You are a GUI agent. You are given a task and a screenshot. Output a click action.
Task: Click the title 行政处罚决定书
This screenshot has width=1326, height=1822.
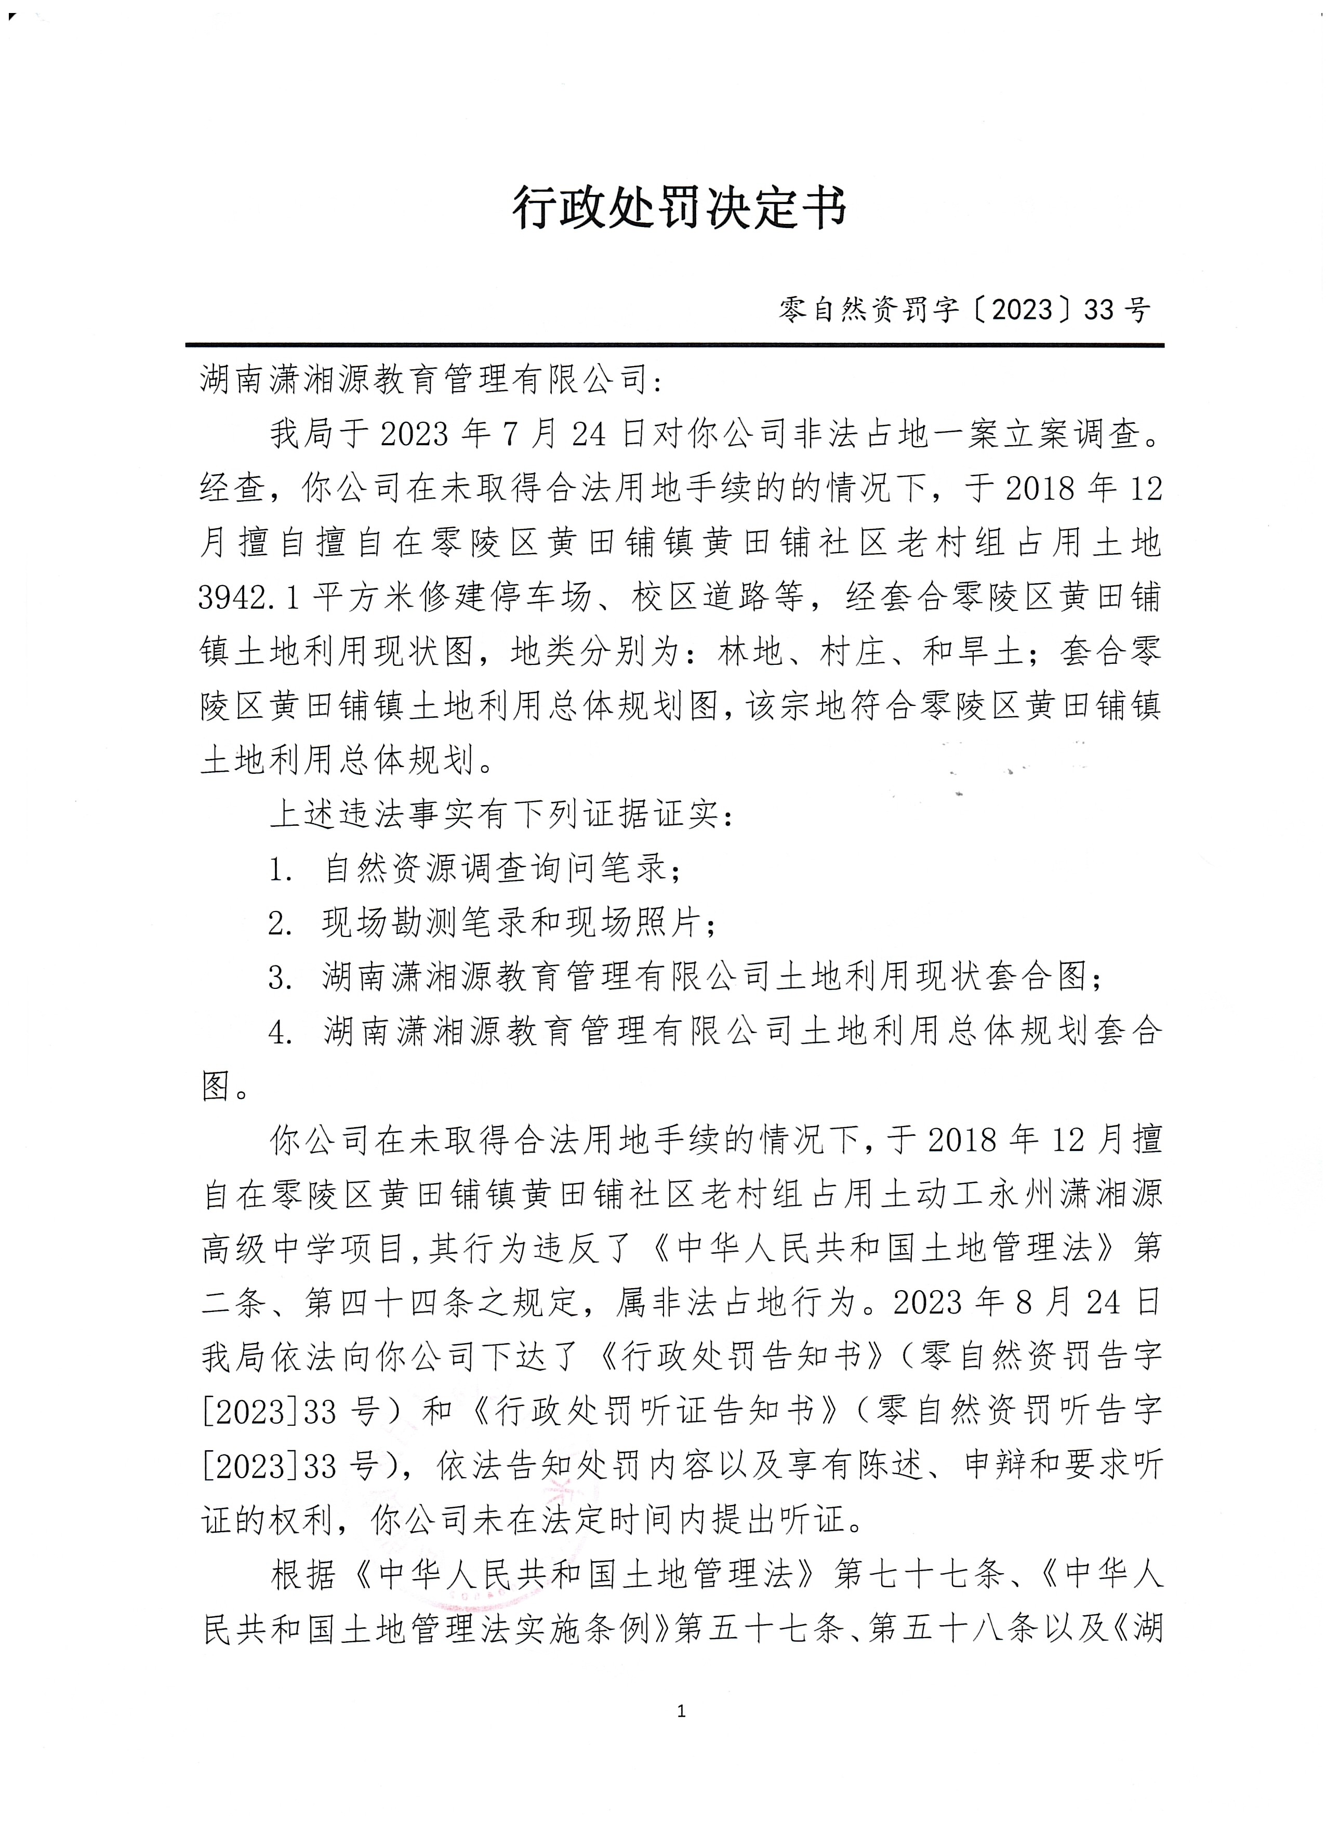click(680, 210)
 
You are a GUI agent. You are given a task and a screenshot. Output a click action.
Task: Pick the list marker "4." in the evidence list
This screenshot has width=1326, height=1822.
click(281, 1033)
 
